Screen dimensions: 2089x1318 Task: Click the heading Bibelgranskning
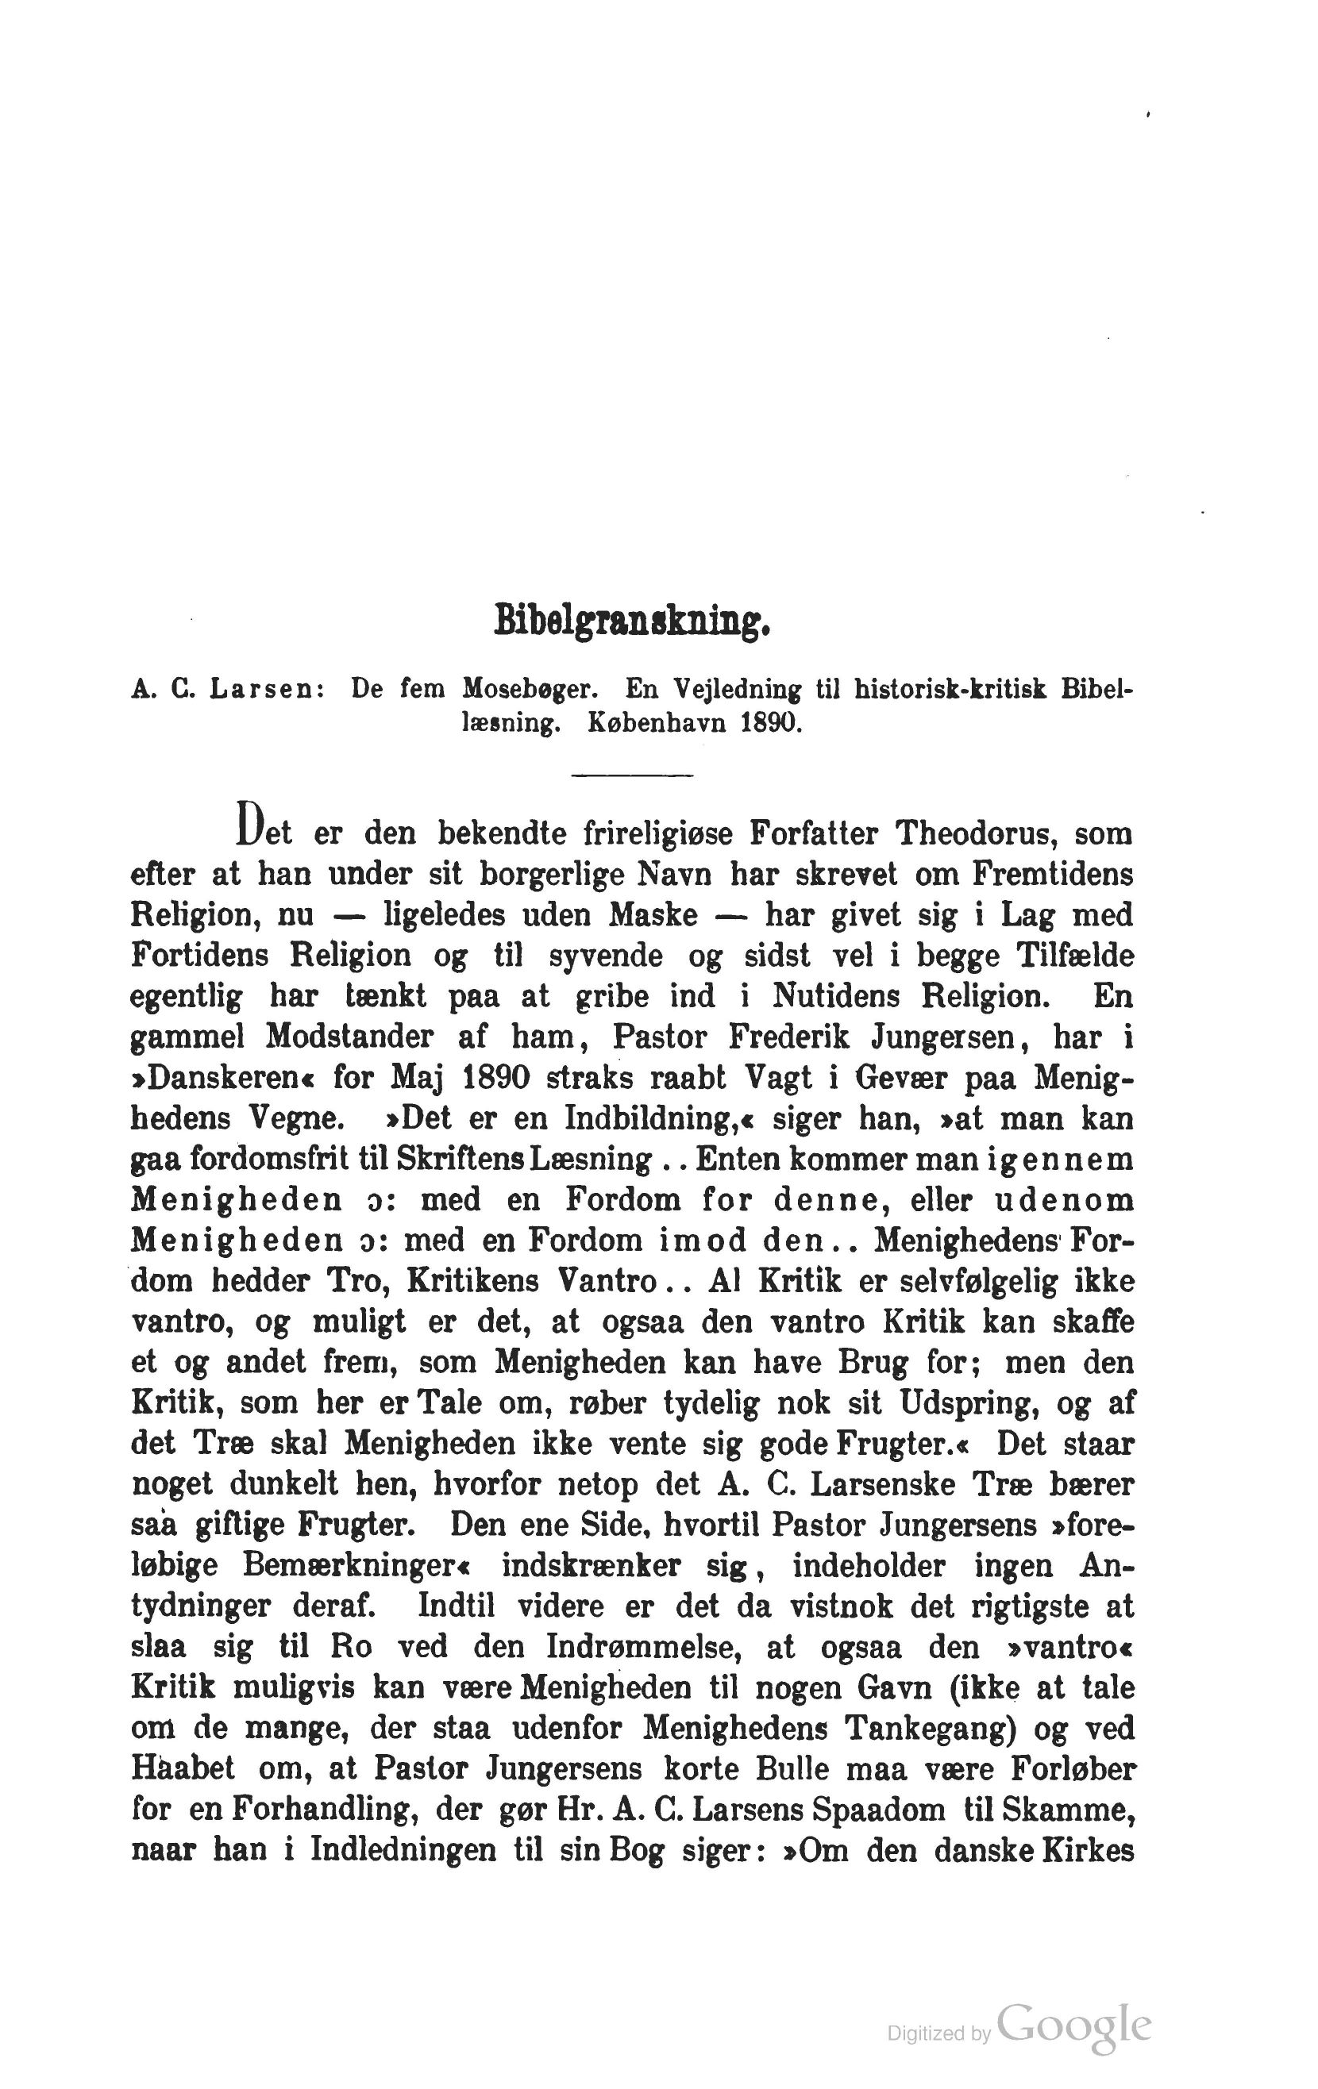[632, 621]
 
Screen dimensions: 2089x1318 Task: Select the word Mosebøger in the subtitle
[529, 689]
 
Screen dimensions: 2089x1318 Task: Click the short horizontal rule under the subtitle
[632, 775]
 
